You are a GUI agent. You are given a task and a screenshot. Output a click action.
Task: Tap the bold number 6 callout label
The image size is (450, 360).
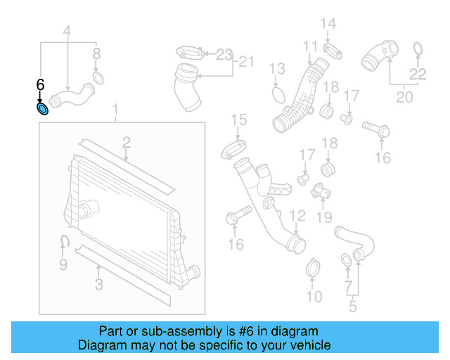[40, 85]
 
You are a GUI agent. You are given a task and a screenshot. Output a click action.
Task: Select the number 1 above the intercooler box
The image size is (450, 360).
[117, 111]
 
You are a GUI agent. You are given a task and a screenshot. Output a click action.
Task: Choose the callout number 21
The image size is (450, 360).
[243, 62]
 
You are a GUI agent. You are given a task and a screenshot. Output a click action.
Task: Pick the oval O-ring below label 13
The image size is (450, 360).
[277, 94]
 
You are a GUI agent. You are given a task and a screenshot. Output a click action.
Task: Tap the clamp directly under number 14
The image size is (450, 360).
[333, 50]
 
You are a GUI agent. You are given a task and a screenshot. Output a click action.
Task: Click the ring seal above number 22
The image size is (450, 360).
[418, 49]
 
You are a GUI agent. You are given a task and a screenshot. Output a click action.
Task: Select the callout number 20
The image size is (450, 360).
[404, 97]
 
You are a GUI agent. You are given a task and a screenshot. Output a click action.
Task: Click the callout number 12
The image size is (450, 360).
[298, 215]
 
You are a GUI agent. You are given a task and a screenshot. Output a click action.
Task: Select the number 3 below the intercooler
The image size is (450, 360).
[98, 284]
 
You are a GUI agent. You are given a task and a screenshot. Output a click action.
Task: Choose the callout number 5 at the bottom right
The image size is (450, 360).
[353, 306]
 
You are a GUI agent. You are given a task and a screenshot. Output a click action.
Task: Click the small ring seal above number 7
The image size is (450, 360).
[347, 262]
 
